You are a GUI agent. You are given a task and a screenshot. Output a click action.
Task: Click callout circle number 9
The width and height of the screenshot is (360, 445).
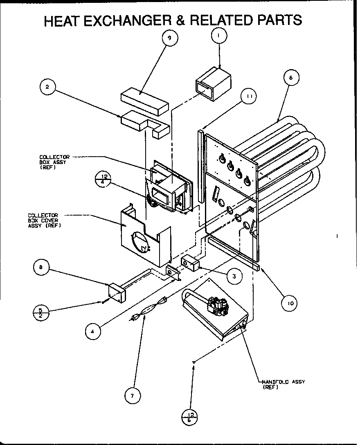pyautogui.click(x=170, y=38)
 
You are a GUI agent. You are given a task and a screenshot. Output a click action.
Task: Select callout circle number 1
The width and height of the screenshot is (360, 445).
pyautogui.click(x=219, y=36)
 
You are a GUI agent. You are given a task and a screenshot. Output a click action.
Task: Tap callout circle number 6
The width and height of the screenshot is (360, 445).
pyautogui.click(x=290, y=77)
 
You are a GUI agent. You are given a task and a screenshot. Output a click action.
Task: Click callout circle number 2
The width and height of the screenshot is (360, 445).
pyautogui.click(x=48, y=87)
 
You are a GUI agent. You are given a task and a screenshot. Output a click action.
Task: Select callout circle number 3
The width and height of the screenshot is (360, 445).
pyautogui.click(x=234, y=276)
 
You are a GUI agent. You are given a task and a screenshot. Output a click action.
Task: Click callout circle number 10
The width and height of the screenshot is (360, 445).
pyautogui.click(x=290, y=303)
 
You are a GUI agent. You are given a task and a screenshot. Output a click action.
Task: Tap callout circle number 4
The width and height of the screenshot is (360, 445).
pyautogui.click(x=93, y=332)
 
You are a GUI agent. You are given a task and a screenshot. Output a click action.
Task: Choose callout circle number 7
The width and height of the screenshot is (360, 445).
pyautogui.click(x=133, y=395)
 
